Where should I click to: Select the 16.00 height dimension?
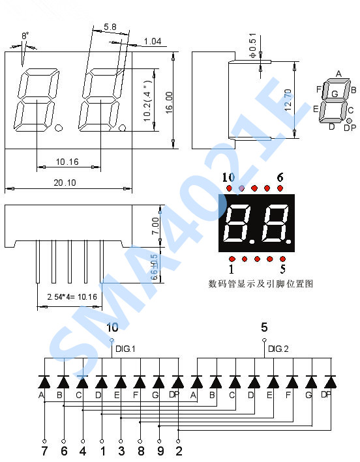click(169, 101)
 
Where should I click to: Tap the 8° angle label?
click(25, 36)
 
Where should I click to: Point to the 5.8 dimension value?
click(110, 27)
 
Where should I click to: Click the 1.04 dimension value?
click(152, 42)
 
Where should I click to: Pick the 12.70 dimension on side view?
click(288, 100)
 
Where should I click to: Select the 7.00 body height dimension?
click(155, 225)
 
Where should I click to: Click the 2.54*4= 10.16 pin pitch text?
click(71, 297)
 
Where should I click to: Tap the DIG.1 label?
click(125, 350)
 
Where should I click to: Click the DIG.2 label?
click(278, 350)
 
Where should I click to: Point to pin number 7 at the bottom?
click(44, 450)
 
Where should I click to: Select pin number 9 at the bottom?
click(160, 450)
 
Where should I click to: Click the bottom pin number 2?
click(179, 450)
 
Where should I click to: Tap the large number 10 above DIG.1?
click(112, 328)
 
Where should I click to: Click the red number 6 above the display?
click(280, 177)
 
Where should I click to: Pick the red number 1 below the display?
click(231, 268)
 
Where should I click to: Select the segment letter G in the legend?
click(335, 94)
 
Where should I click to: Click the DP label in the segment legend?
click(350, 128)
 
